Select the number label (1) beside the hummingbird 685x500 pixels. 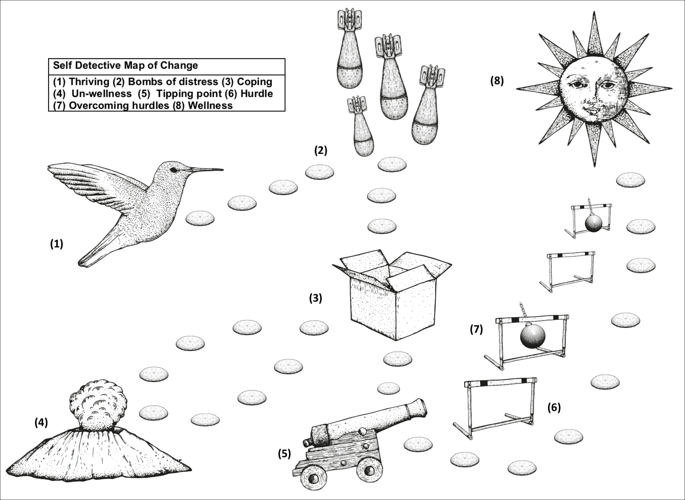click(57, 244)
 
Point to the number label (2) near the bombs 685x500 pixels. click(321, 150)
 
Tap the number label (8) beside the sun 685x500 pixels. click(497, 81)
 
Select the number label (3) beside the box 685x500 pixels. click(315, 298)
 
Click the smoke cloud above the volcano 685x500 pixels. click(98, 405)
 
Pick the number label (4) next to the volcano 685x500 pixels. click(41, 422)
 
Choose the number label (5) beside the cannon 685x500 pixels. click(284, 454)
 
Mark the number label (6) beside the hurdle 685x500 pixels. click(554, 407)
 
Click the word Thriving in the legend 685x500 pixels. click(89, 82)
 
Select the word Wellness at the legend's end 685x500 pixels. click(210, 105)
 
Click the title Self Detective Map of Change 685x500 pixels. click(125, 65)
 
